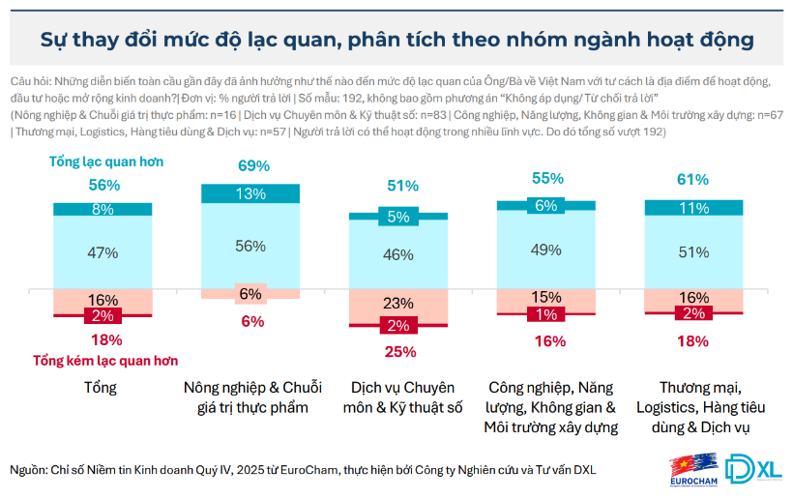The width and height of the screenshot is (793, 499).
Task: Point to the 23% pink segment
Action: (x=398, y=303)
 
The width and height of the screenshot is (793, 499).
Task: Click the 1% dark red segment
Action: (x=545, y=314)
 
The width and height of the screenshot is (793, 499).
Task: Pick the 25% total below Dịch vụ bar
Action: (x=398, y=351)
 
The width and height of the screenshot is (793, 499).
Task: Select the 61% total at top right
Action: (x=692, y=180)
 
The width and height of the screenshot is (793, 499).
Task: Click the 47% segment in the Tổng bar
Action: (x=103, y=252)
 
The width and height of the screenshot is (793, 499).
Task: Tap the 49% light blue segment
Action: (x=545, y=249)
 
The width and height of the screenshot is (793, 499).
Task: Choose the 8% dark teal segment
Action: (x=103, y=209)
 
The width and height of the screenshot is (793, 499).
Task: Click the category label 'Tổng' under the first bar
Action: (x=103, y=388)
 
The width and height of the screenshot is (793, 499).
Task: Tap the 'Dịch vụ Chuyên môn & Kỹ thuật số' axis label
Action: (x=398, y=397)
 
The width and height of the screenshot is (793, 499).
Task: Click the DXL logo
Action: (x=753, y=468)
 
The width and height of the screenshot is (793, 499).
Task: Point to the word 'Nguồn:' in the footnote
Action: (x=30, y=470)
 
